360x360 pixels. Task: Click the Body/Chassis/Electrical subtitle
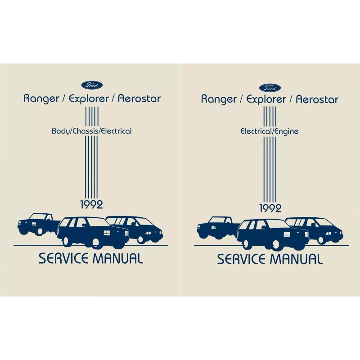point(92,132)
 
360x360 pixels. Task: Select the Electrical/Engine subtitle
point(270,132)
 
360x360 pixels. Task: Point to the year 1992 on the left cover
point(92,205)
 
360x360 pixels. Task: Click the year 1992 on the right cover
point(270,207)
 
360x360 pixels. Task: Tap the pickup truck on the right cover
point(214,227)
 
